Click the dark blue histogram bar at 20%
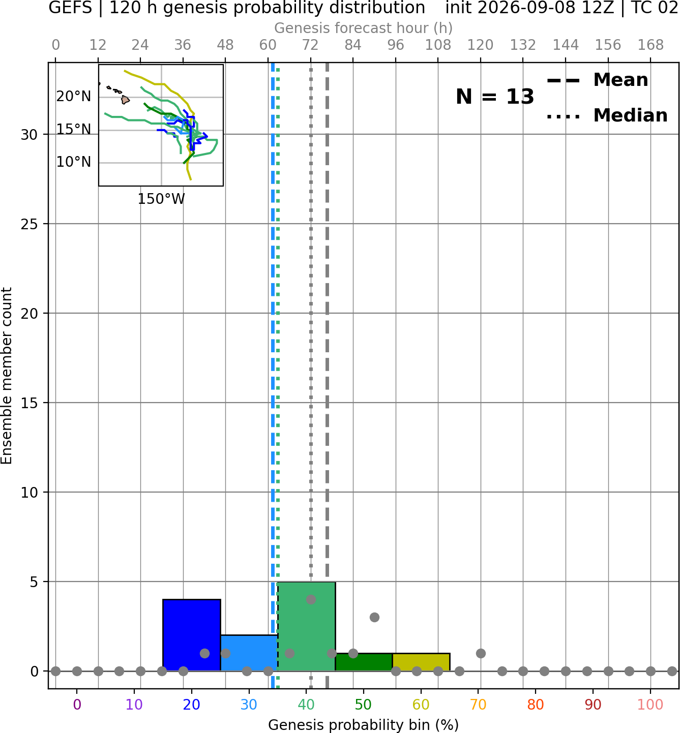pyautogui.click(x=192, y=635)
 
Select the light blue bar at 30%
pyautogui.click(x=249, y=653)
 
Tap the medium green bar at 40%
pyautogui.click(x=307, y=626)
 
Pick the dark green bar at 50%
pyautogui.click(x=364, y=662)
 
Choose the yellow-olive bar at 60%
pyautogui.click(x=421, y=662)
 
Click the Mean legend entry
pyautogui.click(x=597, y=80)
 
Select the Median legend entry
pyautogui.click(x=607, y=115)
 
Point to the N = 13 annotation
pyautogui.click(x=495, y=97)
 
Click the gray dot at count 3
pyautogui.click(x=374, y=617)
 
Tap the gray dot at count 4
pyautogui.click(x=311, y=599)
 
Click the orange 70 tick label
pyautogui.click(x=478, y=705)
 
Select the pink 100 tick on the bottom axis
pyautogui.click(x=651, y=705)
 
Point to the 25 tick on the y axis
pyautogui.click(x=29, y=224)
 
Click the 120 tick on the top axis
pyautogui.click(x=481, y=45)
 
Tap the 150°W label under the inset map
pyautogui.click(x=161, y=199)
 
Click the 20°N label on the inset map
pyautogui.click(x=74, y=97)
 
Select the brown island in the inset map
pyautogui.click(x=125, y=100)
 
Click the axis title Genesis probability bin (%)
pyautogui.click(x=364, y=725)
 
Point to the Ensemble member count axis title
pyautogui.click(x=7, y=376)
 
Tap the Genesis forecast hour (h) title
pyautogui.click(x=364, y=28)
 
